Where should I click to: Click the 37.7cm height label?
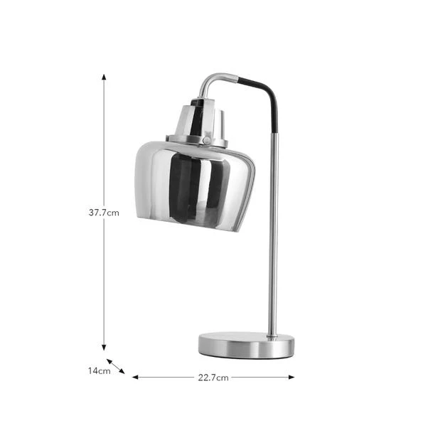click(104, 212)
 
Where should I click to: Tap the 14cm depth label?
click(99, 370)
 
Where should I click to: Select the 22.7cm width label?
click(213, 378)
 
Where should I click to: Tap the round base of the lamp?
click(246, 346)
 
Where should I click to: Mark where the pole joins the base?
click(272, 335)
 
